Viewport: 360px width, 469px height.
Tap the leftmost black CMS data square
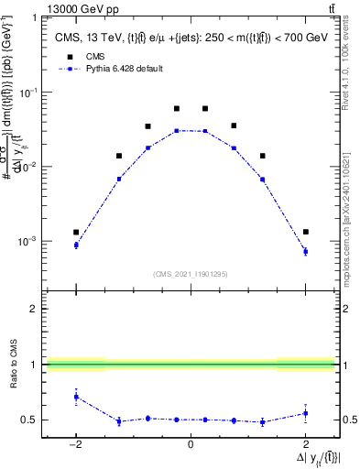pyautogui.click(x=76, y=232)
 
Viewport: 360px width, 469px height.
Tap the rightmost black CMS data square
pyautogui.click(x=305, y=232)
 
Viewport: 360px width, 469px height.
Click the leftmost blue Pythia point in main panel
pyautogui.click(x=76, y=245)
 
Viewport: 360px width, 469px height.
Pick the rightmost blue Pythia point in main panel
pyautogui.click(x=305, y=251)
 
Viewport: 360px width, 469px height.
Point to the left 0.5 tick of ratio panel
pyautogui.click(x=31, y=420)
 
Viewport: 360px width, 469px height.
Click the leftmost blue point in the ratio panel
pyautogui.click(x=76, y=397)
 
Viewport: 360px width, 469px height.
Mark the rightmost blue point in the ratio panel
pyautogui.click(x=305, y=413)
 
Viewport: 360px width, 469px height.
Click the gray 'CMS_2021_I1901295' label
pyautogui.click(x=191, y=274)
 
